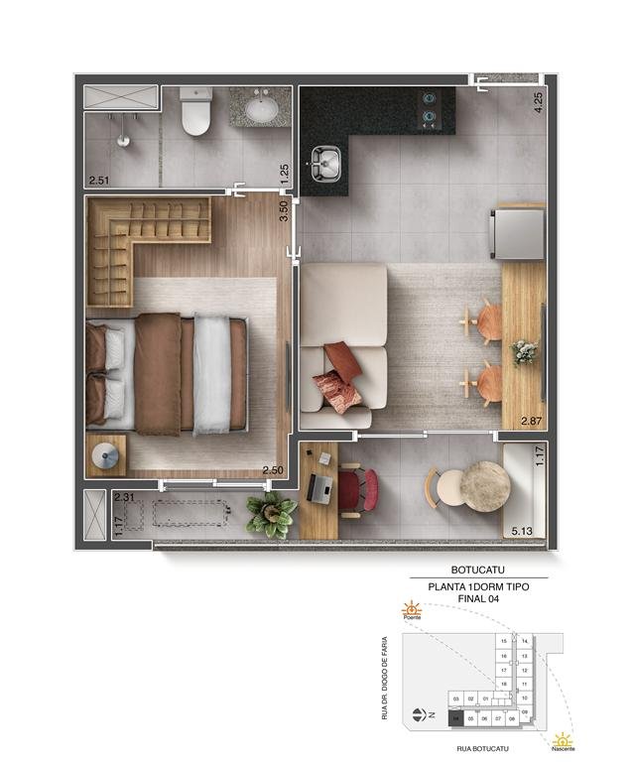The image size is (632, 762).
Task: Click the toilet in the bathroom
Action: [196, 113]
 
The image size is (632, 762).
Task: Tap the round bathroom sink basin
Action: [263, 108]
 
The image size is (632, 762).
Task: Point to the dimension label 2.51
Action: [99, 181]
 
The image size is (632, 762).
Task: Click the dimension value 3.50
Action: [284, 211]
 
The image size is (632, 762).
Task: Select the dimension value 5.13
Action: [522, 532]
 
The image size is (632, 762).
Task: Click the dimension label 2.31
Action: [124, 498]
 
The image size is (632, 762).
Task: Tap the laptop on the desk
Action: [321, 487]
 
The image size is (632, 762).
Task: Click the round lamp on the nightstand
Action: [106, 455]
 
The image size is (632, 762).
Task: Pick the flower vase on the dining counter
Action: [524, 351]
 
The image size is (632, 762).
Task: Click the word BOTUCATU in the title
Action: [479, 570]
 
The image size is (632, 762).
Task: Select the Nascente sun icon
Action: [563, 740]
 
